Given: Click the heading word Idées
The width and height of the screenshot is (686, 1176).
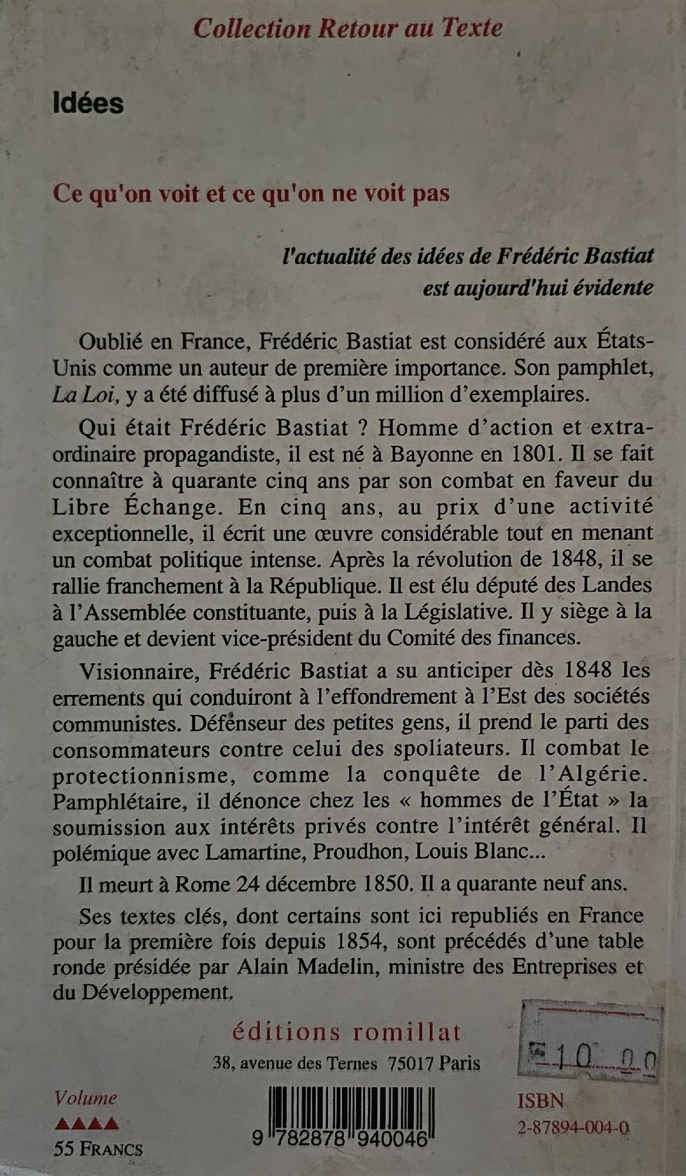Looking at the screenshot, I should coord(88,103).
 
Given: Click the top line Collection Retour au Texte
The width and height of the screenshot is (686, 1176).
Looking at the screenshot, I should coord(348,28).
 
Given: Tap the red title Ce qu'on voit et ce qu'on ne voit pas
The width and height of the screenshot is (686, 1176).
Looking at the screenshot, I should coord(251,193).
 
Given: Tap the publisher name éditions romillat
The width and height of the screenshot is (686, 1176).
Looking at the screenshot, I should coord(347,1032).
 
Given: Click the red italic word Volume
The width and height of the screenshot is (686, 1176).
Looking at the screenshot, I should coord(86,1098).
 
